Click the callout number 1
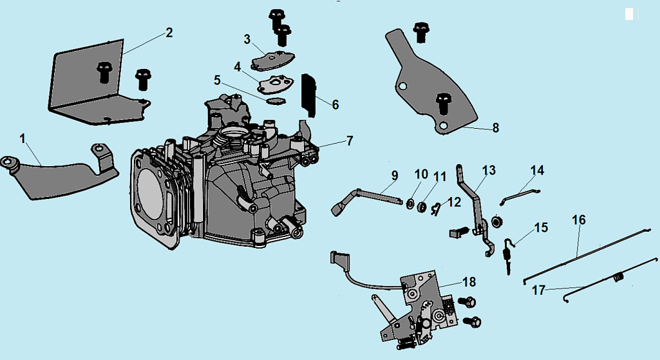point(23,138)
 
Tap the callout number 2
point(169,33)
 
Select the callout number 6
point(335,104)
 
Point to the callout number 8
point(495,128)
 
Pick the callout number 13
point(489,171)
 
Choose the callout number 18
point(469,282)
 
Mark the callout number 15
point(541,228)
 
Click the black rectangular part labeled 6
point(310,95)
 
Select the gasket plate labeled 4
point(274,84)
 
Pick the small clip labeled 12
point(437,207)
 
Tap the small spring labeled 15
point(507,252)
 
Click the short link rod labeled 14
point(520,191)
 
